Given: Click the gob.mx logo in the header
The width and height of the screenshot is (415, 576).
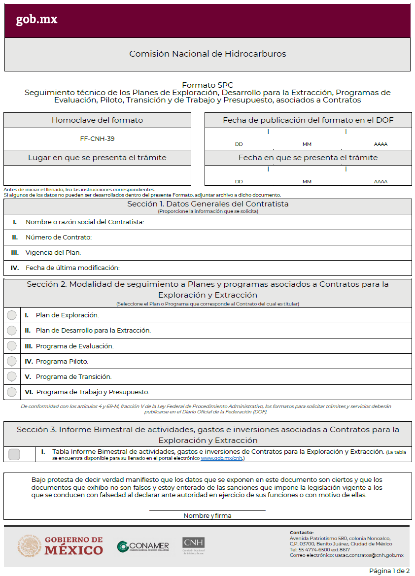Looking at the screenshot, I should [x=36, y=20].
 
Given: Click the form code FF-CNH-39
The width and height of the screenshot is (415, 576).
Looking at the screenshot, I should [x=97, y=139].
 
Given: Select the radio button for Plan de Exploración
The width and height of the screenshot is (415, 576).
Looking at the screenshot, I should [x=12, y=315].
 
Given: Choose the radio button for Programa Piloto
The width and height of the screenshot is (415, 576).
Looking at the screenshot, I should [x=12, y=361].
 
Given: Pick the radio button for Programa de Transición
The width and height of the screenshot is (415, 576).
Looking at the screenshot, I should [x=12, y=376].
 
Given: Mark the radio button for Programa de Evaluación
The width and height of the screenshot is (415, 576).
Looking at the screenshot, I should [x=12, y=346].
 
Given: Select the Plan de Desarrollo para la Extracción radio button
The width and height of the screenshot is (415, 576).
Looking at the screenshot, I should [x=12, y=331].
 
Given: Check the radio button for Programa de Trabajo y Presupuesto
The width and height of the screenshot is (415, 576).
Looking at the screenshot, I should [x=12, y=392].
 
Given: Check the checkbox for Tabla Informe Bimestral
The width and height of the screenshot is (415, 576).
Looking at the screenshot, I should [x=14, y=454].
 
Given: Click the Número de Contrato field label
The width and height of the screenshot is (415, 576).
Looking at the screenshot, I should [x=59, y=237].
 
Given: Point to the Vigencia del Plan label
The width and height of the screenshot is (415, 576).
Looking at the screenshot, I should [x=53, y=253].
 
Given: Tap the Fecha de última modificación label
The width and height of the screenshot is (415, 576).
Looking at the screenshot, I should [x=72, y=268].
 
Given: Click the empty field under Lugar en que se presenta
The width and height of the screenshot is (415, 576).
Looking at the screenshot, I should [x=97, y=175].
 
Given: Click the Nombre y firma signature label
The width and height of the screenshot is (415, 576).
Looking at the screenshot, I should [x=207, y=516].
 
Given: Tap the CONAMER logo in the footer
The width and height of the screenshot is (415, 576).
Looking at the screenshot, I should [x=143, y=546].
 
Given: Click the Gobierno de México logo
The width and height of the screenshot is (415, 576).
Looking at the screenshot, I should [x=61, y=545].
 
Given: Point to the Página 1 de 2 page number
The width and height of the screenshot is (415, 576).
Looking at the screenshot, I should [x=389, y=571].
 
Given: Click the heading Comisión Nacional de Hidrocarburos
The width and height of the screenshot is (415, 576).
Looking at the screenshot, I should [x=207, y=54].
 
